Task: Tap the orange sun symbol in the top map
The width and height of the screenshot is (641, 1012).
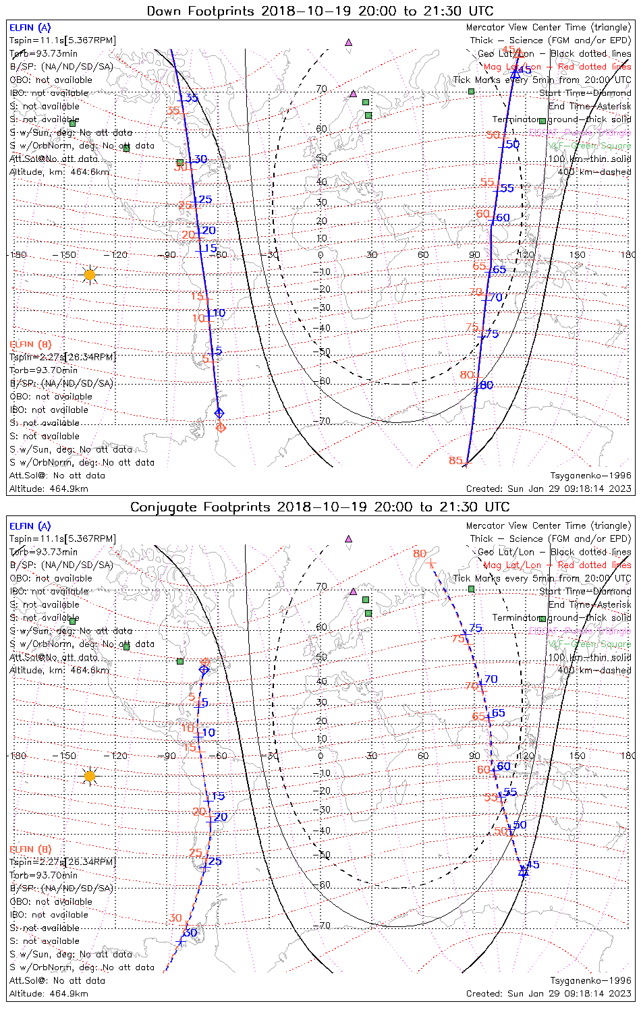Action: point(90,275)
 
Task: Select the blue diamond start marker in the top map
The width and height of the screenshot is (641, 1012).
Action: point(219,413)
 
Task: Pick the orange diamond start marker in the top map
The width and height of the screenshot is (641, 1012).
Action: point(221,427)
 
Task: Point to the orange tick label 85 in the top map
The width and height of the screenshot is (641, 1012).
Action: point(455,461)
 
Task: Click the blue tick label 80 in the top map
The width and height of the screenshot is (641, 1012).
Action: point(486,385)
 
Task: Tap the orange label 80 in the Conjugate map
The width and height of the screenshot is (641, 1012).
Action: point(420,554)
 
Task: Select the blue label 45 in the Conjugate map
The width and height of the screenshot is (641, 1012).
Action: point(533,865)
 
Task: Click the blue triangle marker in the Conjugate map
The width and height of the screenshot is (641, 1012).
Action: point(523,871)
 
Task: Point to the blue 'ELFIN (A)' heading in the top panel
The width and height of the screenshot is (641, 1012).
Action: point(30,28)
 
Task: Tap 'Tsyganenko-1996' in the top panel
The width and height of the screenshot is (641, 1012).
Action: point(590,476)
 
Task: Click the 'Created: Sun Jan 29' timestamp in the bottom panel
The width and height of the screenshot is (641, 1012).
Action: point(549,994)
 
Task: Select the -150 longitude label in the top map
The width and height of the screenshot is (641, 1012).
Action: point(67,255)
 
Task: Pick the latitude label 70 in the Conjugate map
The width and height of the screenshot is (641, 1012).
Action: point(322,587)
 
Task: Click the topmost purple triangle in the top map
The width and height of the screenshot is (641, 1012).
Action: point(348,43)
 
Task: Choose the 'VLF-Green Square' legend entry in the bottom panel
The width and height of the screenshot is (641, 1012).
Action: point(589,644)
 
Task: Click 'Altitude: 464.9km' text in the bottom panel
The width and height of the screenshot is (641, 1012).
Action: point(49,994)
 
